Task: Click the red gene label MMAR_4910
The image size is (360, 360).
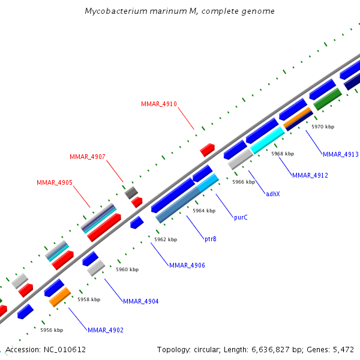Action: click(159, 104)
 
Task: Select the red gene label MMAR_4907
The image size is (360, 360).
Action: click(88, 157)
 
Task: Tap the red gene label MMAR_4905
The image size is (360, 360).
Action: click(55, 182)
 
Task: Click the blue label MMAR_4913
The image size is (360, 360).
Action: click(340, 154)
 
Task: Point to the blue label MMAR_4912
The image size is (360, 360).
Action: click(310, 175)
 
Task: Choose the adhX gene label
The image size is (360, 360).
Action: click(273, 194)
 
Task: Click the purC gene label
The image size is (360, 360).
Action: click(241, 217)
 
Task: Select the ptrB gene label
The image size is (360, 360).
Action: click(211, 239)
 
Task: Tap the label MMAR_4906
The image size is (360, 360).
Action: click(187, 265)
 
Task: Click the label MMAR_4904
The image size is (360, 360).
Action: click(141, 301)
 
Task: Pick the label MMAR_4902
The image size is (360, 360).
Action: click(106, 329)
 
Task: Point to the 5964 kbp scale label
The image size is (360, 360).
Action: click(204, 211)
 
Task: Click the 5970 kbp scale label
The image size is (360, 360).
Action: click(323, 127)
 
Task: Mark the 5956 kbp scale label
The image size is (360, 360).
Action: click(52, 329)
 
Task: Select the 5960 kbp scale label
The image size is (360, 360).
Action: click(127, 269)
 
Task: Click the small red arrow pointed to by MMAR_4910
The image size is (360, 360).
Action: click(208, 149)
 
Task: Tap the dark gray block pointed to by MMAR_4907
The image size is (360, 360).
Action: click(131, 192)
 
